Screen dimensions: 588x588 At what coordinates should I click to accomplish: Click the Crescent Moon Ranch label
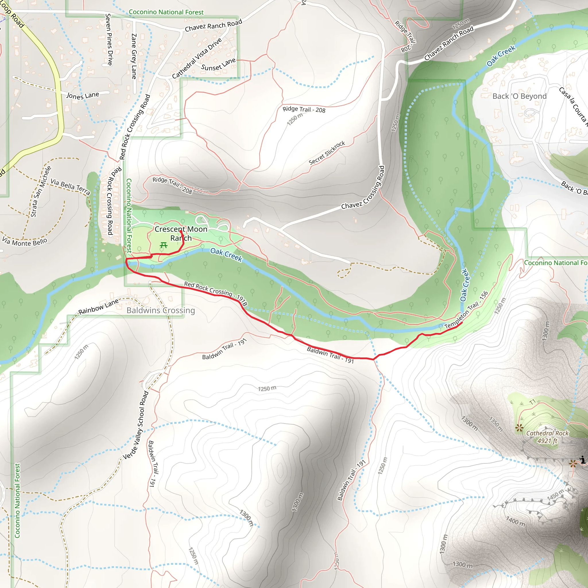181,233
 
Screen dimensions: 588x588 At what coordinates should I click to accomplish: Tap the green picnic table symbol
163,245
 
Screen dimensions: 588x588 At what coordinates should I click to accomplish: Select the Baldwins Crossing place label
161,310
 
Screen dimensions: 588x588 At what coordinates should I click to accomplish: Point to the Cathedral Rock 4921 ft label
547,437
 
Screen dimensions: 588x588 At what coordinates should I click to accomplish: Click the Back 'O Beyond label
519,96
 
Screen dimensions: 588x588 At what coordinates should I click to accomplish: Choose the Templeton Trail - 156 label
466,310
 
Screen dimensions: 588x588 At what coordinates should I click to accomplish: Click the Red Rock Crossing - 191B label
216,293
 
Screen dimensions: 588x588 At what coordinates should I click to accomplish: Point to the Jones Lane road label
83,96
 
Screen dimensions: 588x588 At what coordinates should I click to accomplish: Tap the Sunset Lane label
218,64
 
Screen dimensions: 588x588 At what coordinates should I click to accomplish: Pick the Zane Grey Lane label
134,56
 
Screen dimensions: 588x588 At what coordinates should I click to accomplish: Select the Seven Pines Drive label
109,39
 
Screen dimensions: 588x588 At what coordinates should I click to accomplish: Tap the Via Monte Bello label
25,242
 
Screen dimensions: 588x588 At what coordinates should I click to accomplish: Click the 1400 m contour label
516,521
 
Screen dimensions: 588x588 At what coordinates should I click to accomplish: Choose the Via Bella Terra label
70,187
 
